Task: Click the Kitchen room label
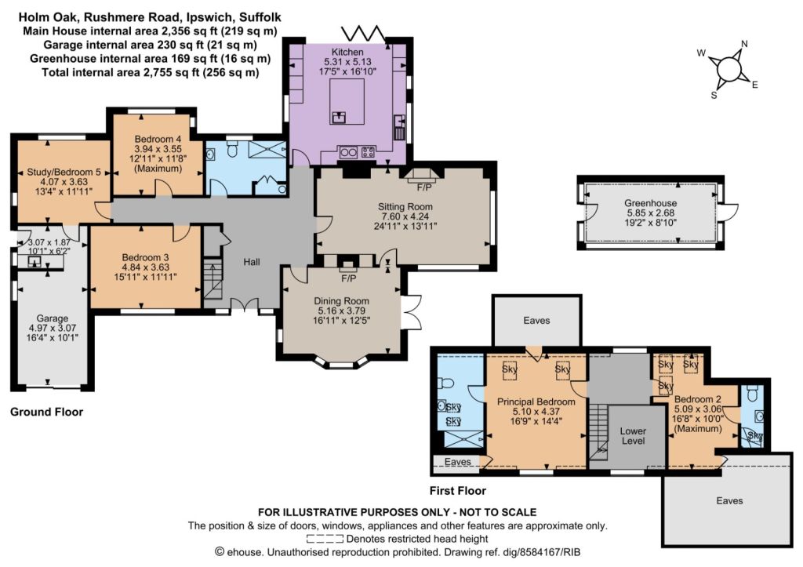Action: pos(347,52)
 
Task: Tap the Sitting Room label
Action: pos(405,207)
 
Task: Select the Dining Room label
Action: pos(342,301)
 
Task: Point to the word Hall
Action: pos(252,262)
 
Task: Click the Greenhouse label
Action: pos(650,203)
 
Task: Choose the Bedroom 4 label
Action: pos(158,139)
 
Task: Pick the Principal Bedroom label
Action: pos(536,402)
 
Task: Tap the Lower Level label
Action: pos(633,436)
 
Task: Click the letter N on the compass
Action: pos(745,44)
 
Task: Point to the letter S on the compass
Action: pos(714,95)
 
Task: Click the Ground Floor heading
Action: pos(46,412)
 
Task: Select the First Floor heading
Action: pos(458,491)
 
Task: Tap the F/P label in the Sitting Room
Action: pos(424,187)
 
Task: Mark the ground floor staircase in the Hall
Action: pos(213,279)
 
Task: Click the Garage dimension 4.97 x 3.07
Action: pos(53,328)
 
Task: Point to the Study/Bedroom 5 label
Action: pos(64,172)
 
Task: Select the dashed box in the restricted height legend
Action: pos(325,539)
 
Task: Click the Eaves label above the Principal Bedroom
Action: pos(536,321)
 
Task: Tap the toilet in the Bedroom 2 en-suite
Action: pos(752,394)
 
